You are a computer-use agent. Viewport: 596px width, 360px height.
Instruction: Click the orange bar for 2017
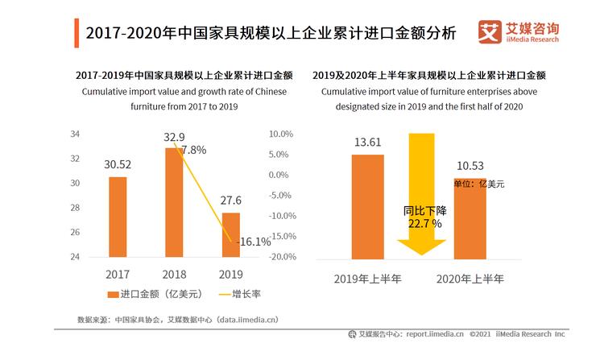coord(118,217)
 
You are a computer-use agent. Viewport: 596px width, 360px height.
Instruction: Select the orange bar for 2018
coord(174,202)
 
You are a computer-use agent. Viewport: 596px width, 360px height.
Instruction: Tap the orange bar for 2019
coord(231,234)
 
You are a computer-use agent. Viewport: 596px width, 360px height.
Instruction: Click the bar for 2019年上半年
coord(367,206)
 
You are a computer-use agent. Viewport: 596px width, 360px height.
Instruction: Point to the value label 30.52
coord(118,164)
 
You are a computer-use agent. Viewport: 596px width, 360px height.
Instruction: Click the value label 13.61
coord(367,143)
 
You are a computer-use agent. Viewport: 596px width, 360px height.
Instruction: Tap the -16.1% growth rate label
coord(254,241)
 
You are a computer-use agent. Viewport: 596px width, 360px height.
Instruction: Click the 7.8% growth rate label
coord(194,150)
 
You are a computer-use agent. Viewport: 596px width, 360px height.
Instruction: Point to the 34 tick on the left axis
coord(75,134)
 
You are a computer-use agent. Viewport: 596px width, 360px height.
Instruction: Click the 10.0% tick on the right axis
coord(279,134)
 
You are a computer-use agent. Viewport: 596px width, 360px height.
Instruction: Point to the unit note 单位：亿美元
coord(479,184)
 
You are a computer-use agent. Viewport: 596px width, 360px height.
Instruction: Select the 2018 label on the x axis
coord(174,274)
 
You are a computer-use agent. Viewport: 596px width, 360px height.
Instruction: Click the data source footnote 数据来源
coord(177,319)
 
